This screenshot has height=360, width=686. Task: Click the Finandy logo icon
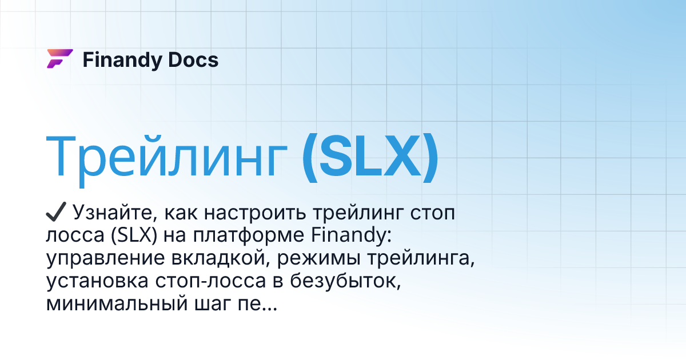tap(59, 59)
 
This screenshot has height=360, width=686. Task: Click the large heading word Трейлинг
tap(166, 157)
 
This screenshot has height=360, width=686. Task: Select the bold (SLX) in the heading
tap(370, 157)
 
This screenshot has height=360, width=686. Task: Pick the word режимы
tap(313, 258)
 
